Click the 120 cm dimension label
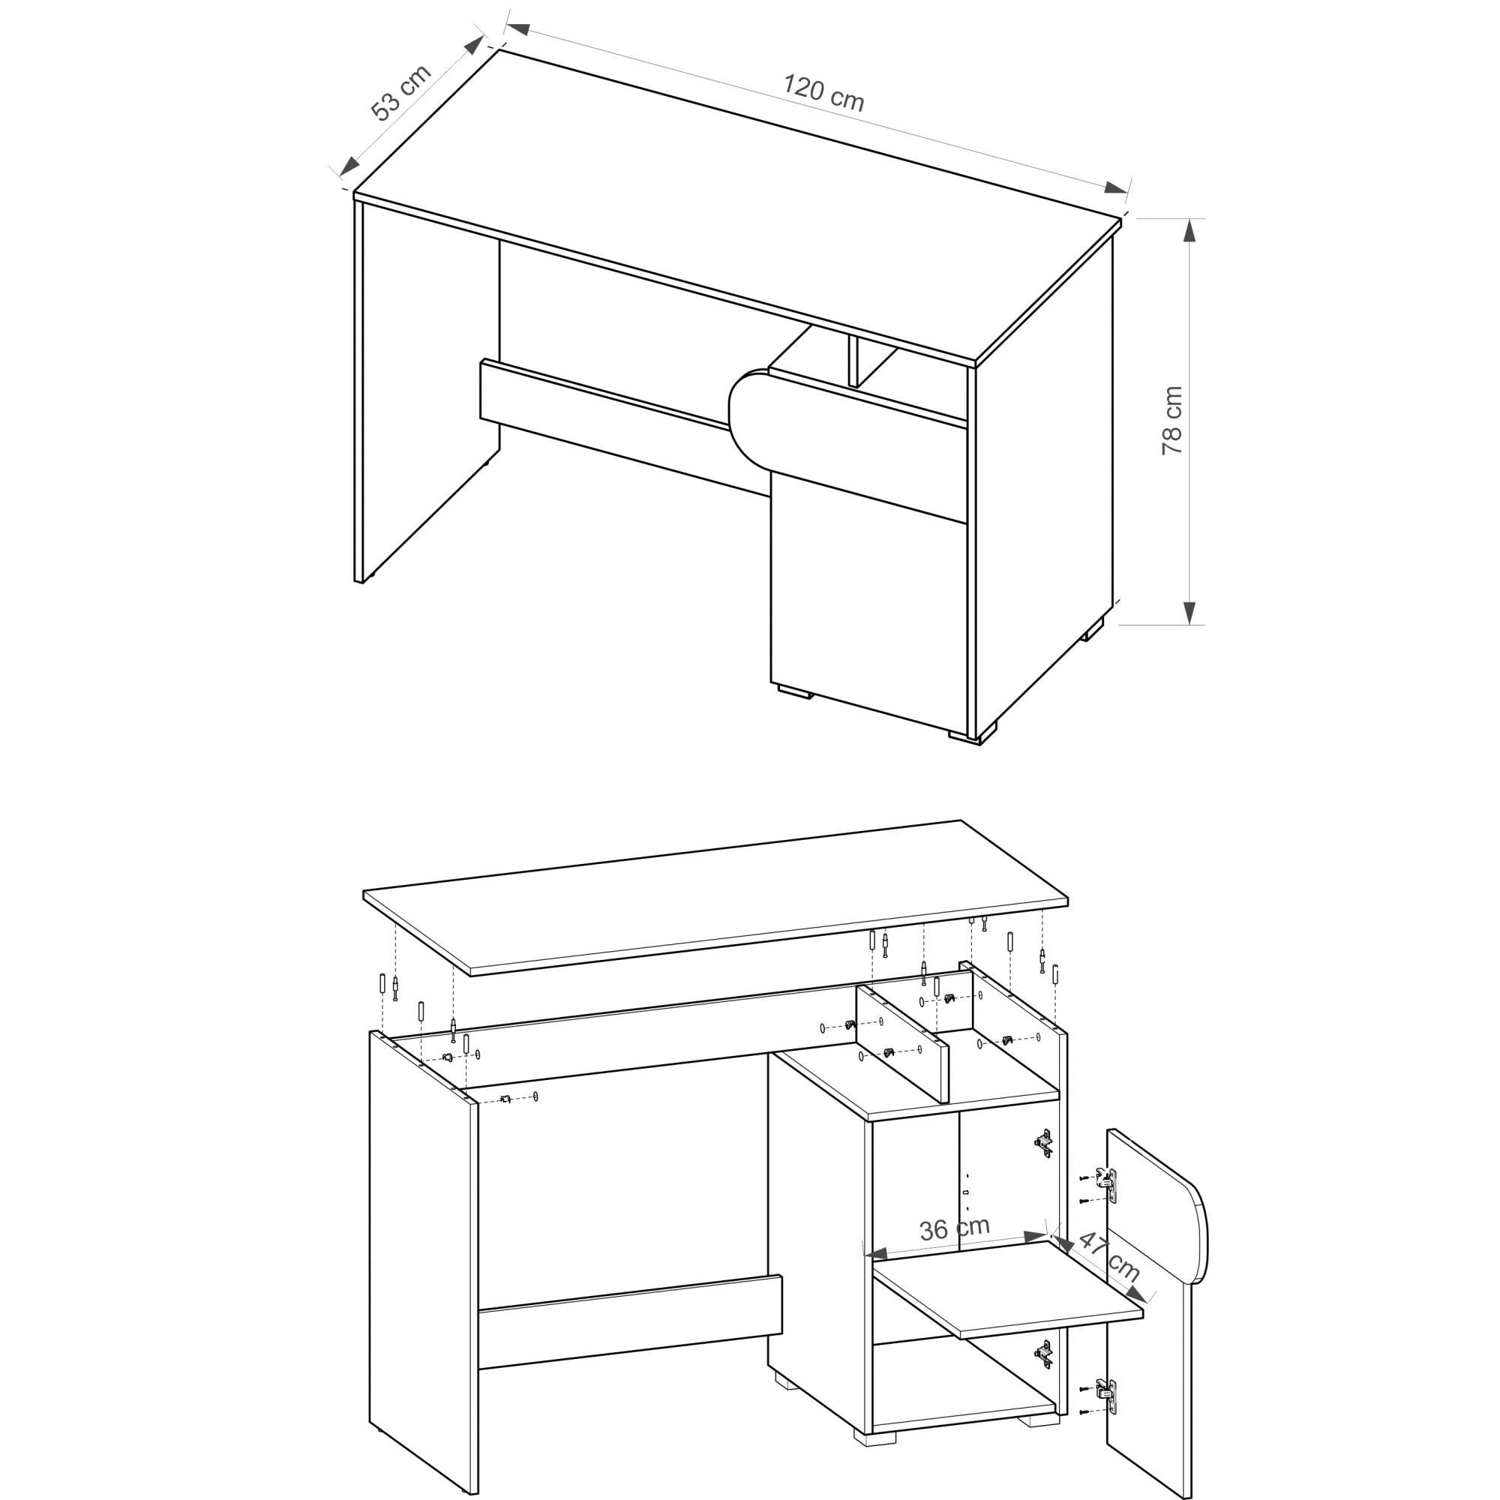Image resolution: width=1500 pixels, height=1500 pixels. coord(823,92)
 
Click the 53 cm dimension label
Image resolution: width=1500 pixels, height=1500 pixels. coord(400,93)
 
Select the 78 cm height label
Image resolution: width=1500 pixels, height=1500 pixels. coord(1171,420)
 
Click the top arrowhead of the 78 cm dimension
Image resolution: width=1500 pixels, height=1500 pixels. coord(1189,229)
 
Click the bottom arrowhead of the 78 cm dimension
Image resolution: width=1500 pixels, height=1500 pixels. coord(1189,613)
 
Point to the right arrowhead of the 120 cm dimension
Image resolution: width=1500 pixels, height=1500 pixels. coord(1117,188)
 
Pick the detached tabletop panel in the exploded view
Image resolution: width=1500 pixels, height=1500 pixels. coord(715,898)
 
